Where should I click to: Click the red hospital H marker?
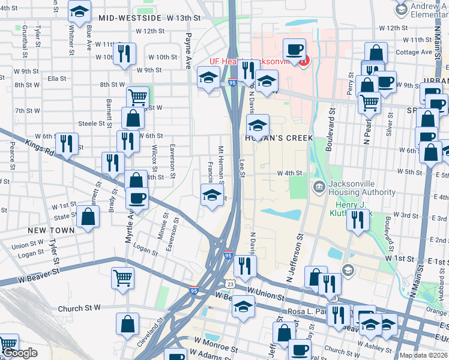(304, 61)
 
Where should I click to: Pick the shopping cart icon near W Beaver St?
(122, 278)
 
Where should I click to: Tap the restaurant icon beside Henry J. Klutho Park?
(357, 219)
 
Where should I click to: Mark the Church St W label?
(79, 308)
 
